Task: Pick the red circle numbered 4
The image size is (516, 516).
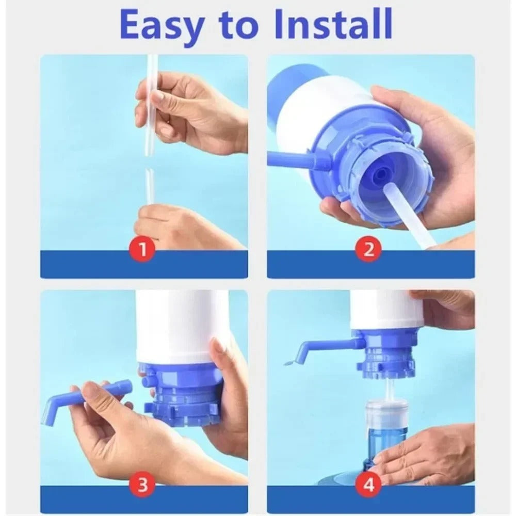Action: [369, 485]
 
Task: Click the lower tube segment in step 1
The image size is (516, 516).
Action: [149, 186]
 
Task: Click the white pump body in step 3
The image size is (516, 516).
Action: [181, 325]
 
